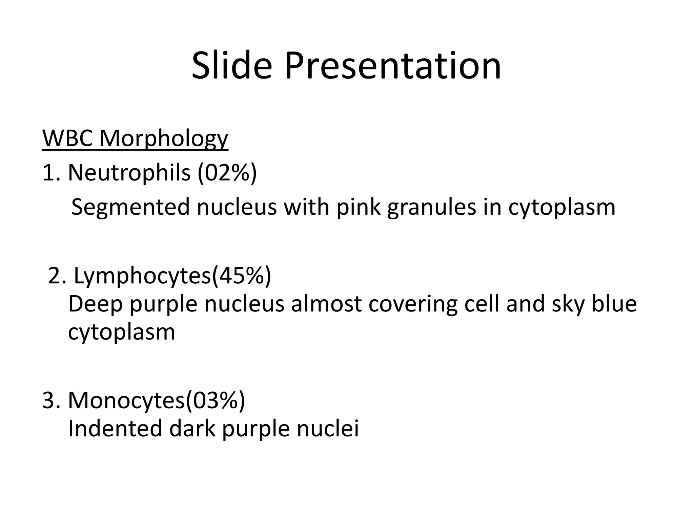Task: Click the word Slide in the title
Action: [232, 66]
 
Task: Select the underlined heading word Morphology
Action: [164, 138]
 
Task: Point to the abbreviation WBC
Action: [67, 138]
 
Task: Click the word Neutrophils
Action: [129, 173]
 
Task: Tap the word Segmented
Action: [130, 207]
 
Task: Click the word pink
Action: [358, 207]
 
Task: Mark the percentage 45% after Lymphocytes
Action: [241, 276]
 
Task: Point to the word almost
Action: [326, 304]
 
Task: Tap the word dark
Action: [192, 429]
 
